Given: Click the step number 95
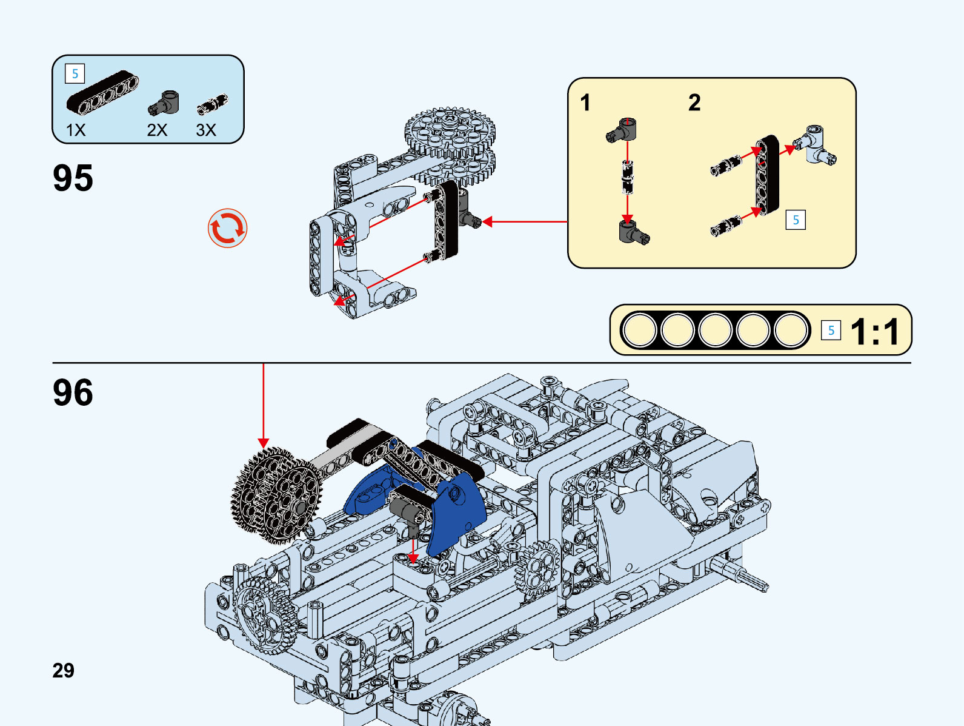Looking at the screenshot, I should point(73,178).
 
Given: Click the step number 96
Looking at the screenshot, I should point(73,392).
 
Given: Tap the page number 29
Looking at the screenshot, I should point(63,670).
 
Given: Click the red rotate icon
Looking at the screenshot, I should point(228,229).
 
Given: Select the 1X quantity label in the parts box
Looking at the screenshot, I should point(76,130).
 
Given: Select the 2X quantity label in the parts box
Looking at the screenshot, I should point(157,130).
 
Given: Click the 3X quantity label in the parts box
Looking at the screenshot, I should point(206,130).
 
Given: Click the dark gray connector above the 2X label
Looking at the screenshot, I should point(164,103).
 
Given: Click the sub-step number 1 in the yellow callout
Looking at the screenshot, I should point(585,103).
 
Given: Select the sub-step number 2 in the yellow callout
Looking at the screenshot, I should point(694,103).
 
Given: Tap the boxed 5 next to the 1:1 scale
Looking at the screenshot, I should point(831,331).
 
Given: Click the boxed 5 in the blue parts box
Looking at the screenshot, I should point(75,74).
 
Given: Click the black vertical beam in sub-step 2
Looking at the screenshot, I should point(766,175).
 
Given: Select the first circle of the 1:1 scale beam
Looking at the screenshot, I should point(640,331).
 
